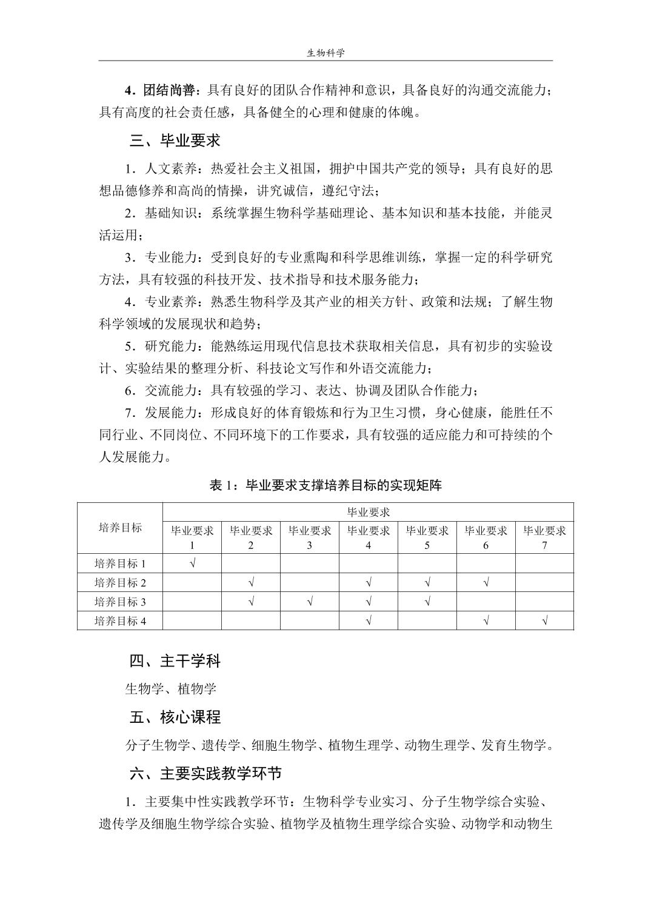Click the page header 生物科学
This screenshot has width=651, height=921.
[326, 53]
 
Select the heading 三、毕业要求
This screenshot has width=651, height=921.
[175, 141]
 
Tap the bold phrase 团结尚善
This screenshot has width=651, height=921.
[169, 90]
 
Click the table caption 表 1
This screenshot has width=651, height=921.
[326, 485]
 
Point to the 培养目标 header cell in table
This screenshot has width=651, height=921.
[120, 527]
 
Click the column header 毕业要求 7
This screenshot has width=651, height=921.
[544, 537]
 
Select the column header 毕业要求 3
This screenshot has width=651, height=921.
[310, 537]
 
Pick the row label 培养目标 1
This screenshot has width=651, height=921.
[120, 564]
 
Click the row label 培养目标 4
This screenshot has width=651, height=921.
[120, 620]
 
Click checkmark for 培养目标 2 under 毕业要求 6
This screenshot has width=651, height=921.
[486, 583]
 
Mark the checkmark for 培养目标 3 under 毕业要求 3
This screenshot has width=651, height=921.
[310, 602]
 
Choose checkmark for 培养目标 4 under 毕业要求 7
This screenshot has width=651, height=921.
[544, 620]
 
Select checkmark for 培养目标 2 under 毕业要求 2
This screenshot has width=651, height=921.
[251, 583]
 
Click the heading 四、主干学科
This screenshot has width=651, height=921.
[175, 660]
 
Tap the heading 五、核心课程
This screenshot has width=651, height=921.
[175, 717]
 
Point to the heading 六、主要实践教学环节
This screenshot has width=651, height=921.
[205, 774]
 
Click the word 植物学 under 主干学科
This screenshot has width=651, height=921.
[197, 689]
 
